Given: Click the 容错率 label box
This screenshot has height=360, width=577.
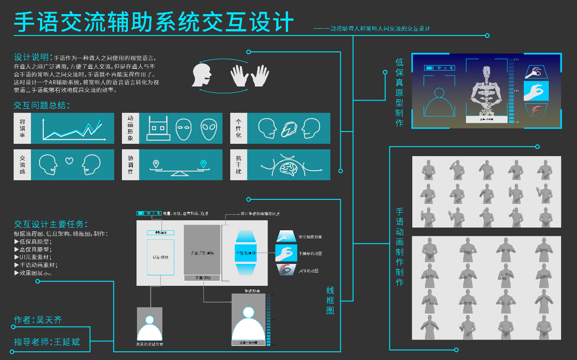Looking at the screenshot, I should coord(22,128).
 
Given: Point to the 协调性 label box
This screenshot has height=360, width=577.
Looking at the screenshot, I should coord(131,165).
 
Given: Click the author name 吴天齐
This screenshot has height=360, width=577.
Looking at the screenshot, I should coord(49,320).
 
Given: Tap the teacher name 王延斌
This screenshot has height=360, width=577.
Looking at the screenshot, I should coord(66,341).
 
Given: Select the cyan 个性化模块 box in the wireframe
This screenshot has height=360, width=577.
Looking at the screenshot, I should coord(246,253).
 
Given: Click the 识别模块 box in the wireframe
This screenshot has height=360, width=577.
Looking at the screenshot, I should coord(161,257).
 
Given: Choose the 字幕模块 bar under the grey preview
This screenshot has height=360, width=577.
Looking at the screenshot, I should coord(202,278).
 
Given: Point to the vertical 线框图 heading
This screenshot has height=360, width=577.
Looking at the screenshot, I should coord(330,300).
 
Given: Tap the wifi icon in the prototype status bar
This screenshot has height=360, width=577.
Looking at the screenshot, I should coord(439,68).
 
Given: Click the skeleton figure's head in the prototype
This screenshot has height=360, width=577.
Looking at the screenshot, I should coord(486,71).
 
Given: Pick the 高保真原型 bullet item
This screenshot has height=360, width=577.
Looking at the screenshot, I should coord(33,249).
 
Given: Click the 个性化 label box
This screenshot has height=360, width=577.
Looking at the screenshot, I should coord(238,128).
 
